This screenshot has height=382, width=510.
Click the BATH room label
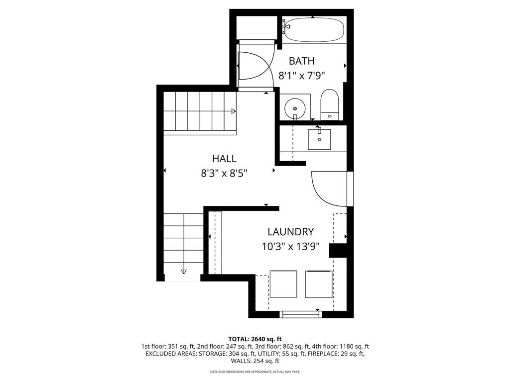point(302,61)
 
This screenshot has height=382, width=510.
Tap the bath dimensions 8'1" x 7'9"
point(302,76)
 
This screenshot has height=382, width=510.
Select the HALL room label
point(224,159)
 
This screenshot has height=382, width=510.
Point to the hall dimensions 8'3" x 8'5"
point(224,174)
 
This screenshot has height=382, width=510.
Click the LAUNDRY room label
point(290,232)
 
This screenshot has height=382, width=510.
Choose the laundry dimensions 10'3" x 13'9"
point(290,246)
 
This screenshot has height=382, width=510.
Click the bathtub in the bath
point(313,29)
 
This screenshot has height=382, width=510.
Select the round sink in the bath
point(295,107)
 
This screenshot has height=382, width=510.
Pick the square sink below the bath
point(319,139)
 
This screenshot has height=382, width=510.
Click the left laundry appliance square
point(283,285)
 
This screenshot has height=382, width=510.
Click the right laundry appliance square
point(318,285)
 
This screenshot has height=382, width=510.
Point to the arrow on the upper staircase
point(233,111)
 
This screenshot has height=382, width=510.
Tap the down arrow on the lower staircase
point(184,271)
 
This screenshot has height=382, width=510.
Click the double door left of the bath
point(255,66)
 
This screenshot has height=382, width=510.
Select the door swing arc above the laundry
point(329,189)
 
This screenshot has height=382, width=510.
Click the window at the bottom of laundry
point(300,314)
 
